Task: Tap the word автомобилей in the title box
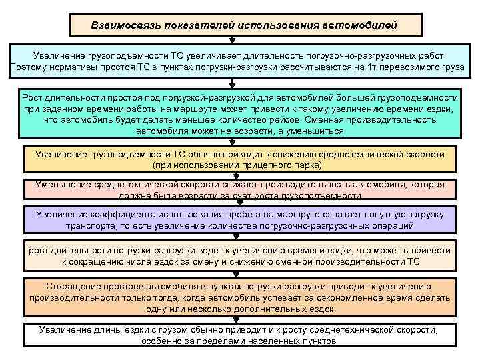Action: coord(360,25)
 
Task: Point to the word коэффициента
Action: coord(137,215)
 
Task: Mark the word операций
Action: coord(391,226)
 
